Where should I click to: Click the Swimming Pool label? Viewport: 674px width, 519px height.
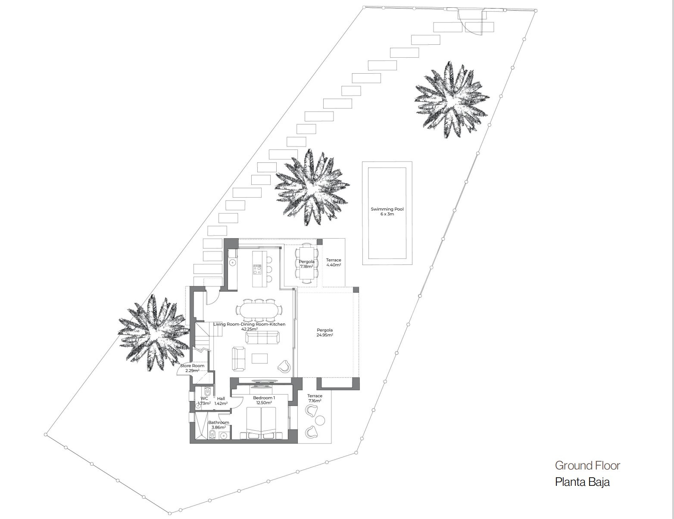pos(387,209)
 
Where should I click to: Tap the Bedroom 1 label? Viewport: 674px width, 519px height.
pos(264,398)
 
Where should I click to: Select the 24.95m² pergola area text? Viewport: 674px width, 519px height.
pos(325,335)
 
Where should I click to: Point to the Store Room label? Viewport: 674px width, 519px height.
pos(192,366)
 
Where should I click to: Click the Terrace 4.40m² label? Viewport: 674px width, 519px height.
pos(334,262)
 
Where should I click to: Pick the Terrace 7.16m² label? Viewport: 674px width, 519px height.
pos(315,398)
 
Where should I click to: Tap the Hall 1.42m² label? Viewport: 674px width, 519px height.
pos(221,401)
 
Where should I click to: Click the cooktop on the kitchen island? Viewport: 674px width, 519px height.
pos(257,269)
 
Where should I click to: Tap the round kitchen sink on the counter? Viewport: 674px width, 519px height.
pos(232,263)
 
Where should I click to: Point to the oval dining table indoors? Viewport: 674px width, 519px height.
pos(259,310)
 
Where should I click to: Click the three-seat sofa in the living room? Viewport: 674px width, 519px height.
pos(262,337)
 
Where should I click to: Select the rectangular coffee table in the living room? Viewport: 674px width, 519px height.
pos(259,358)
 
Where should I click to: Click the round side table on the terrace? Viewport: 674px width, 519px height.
pos(320,420)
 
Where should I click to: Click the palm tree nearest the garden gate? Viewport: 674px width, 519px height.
pos(452,99)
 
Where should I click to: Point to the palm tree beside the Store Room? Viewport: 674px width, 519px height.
pos(154,333)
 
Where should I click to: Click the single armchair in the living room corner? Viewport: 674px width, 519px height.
pos(285,366)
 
